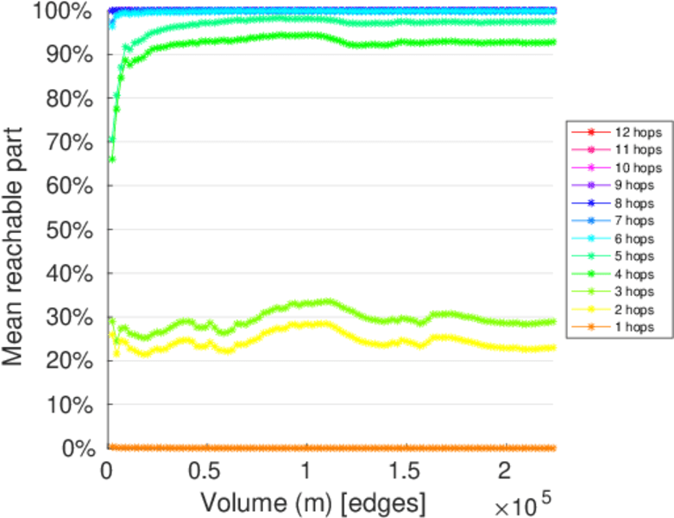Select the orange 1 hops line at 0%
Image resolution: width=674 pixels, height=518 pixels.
point(345,448)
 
